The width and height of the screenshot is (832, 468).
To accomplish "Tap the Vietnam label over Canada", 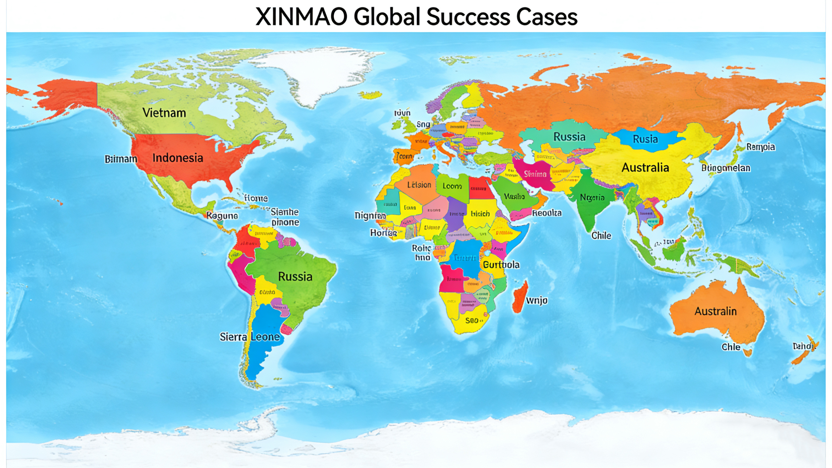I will click(164, 113).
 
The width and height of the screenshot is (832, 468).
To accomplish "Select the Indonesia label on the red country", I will click(178, 158).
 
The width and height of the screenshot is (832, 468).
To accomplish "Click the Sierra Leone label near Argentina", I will click(250, 337).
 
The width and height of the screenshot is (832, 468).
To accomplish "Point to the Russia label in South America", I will click(295, 277).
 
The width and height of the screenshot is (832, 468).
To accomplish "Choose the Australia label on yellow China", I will click(645, 168).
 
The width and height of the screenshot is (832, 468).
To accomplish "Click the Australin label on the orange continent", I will click(715, 311).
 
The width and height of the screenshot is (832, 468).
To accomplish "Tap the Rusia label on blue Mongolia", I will click(645, 139).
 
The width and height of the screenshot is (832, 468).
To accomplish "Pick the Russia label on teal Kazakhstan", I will click(569, 137).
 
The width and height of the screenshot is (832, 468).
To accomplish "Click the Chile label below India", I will click(601, 236).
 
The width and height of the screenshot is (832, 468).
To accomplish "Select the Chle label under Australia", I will click(731, 347).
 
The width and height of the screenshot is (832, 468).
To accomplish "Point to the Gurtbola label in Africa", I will click(501, 265).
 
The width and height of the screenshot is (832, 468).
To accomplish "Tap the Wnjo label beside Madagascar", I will click(536, 301).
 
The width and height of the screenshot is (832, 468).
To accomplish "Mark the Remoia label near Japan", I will click(760, 147).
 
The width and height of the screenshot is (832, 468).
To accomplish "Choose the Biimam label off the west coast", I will click(121, 159).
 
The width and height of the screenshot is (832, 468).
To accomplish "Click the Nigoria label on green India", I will click(592, 198).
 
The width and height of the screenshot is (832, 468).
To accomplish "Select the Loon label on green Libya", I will click(452, 186).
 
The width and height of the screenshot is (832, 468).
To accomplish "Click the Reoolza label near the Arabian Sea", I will click(546, 213).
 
